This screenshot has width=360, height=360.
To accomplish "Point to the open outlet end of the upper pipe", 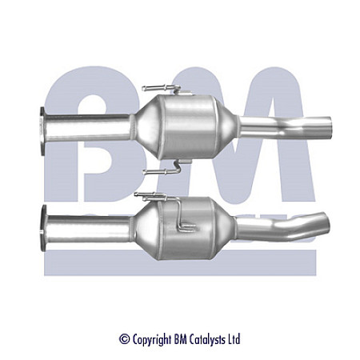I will point(329,125).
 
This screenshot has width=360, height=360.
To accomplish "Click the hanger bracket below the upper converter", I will point(161,169).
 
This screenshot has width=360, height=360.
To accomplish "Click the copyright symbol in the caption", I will point(124,340).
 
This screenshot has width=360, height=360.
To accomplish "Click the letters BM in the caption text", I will point(181,339).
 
